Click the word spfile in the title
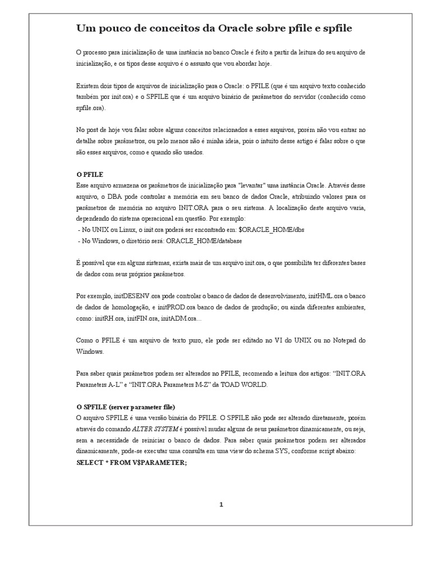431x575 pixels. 337,28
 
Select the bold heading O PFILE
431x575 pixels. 90,175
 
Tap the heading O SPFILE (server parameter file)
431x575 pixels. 126,407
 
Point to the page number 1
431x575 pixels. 221,504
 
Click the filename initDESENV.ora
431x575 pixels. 139,296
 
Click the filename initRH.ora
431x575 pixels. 108,318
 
